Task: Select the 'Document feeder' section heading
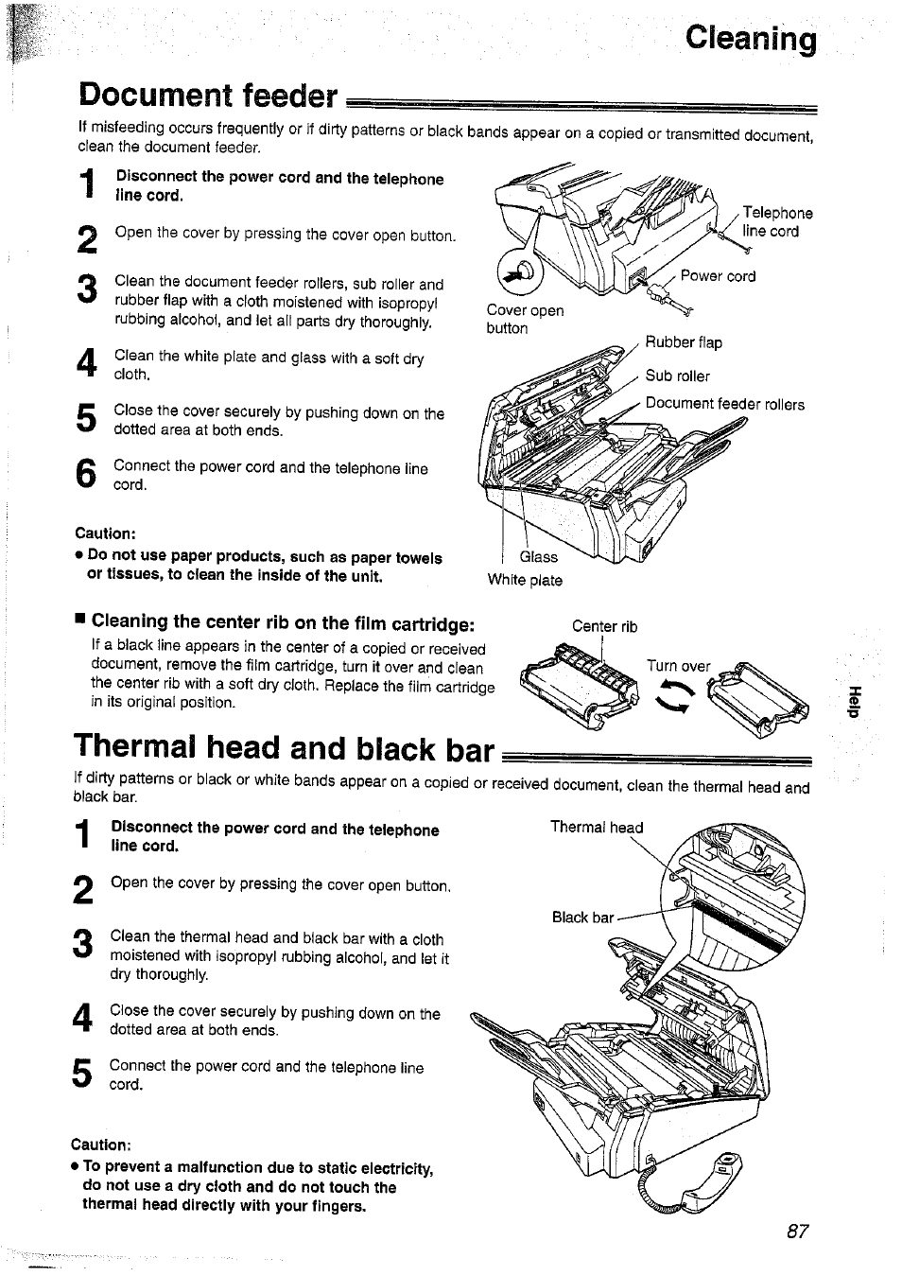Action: (x=208, y=96)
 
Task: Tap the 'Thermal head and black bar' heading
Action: (x=284, y=748)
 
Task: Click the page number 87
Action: (x=798, y=1232)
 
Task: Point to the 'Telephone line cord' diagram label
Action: (x=776, y=222)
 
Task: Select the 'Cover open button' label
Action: (x=524, y=319)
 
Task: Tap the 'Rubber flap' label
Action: (x=683, y=342)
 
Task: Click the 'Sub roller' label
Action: (x=677, y=376)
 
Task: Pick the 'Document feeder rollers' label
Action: (x=724, y=404)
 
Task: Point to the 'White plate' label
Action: (x=524, y=580)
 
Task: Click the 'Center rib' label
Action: (x=604, y=626)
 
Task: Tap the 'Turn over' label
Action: (x=678, y=666)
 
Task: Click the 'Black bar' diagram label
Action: (x=582, y=917)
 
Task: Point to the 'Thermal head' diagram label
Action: (x=596, y=827)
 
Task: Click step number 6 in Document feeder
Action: (x=86, y=476)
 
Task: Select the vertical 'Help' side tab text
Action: (x=855, y=700)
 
